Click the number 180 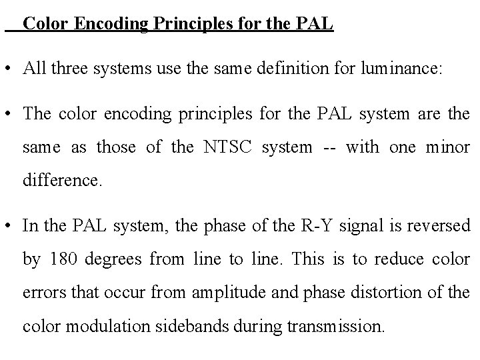pyautogui.click(x=61, y=260)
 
